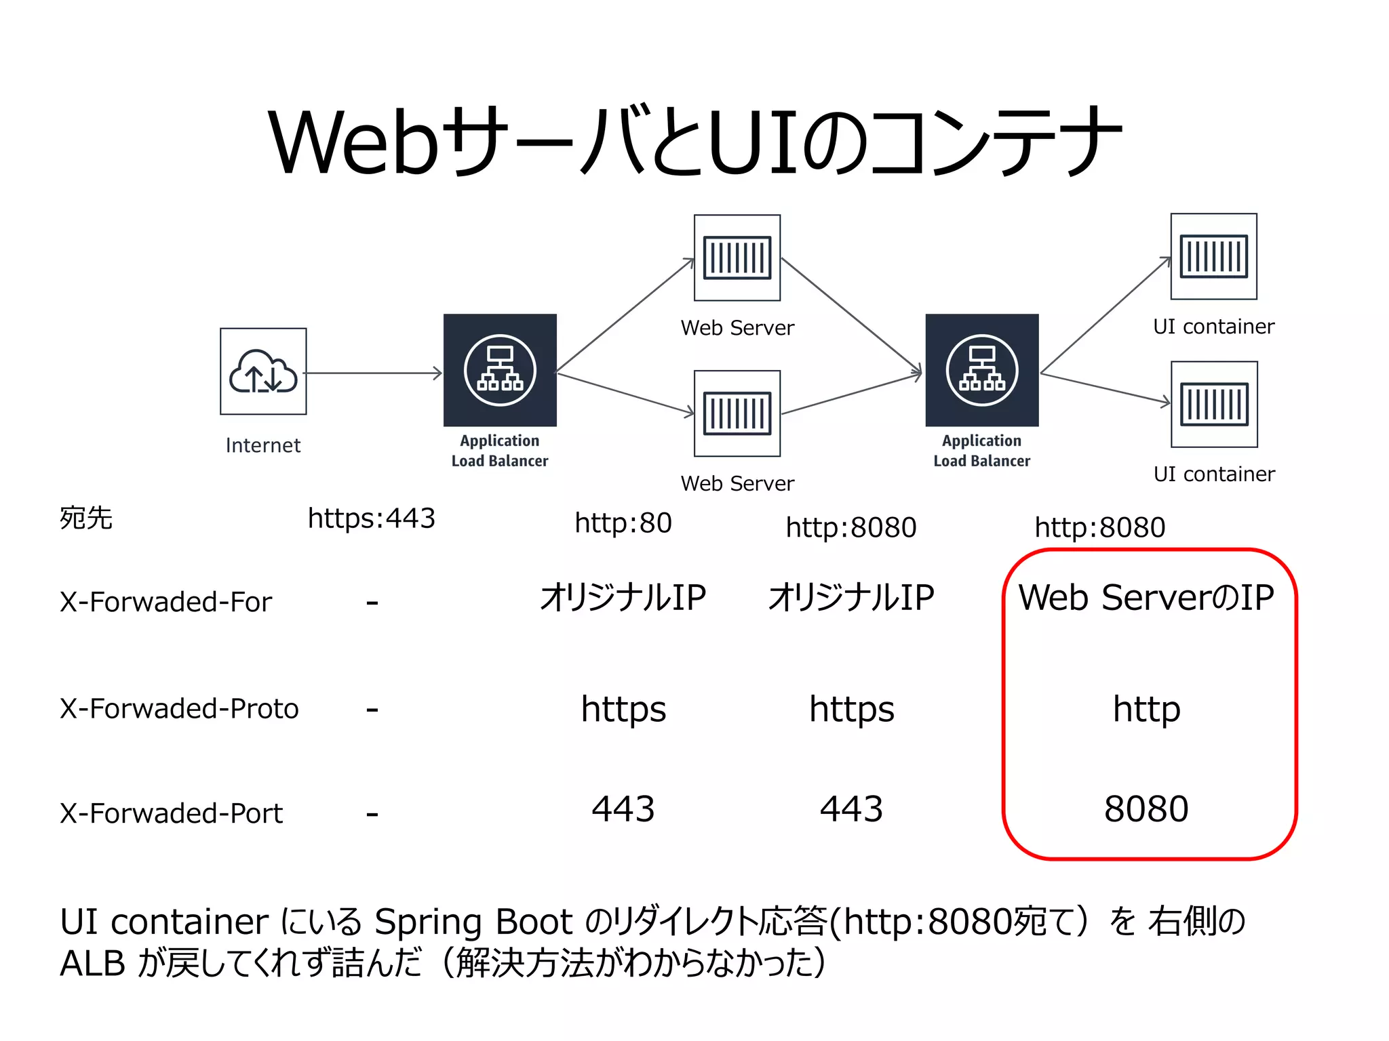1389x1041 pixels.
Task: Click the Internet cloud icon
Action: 263,371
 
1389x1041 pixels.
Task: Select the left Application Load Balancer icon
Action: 500,370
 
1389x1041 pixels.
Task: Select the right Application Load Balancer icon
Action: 982,370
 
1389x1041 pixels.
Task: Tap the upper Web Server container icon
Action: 737,258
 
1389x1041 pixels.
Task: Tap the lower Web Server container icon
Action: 737,413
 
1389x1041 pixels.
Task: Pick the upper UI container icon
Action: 1214,256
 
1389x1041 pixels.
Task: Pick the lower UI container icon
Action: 1214,404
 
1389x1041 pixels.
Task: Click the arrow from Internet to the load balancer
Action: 373,373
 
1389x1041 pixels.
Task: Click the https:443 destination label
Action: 371,518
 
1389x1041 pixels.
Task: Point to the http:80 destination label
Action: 623,523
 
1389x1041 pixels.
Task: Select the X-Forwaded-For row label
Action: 165,602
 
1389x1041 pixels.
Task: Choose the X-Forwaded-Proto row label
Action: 179,709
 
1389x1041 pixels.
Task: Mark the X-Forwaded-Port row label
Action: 171,813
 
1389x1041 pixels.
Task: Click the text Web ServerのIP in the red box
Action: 1146,598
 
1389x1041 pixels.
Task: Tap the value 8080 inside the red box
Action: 1146,809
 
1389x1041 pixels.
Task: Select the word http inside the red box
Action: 1146,709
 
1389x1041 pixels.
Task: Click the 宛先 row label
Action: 86,518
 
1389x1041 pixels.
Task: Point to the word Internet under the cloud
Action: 263,445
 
